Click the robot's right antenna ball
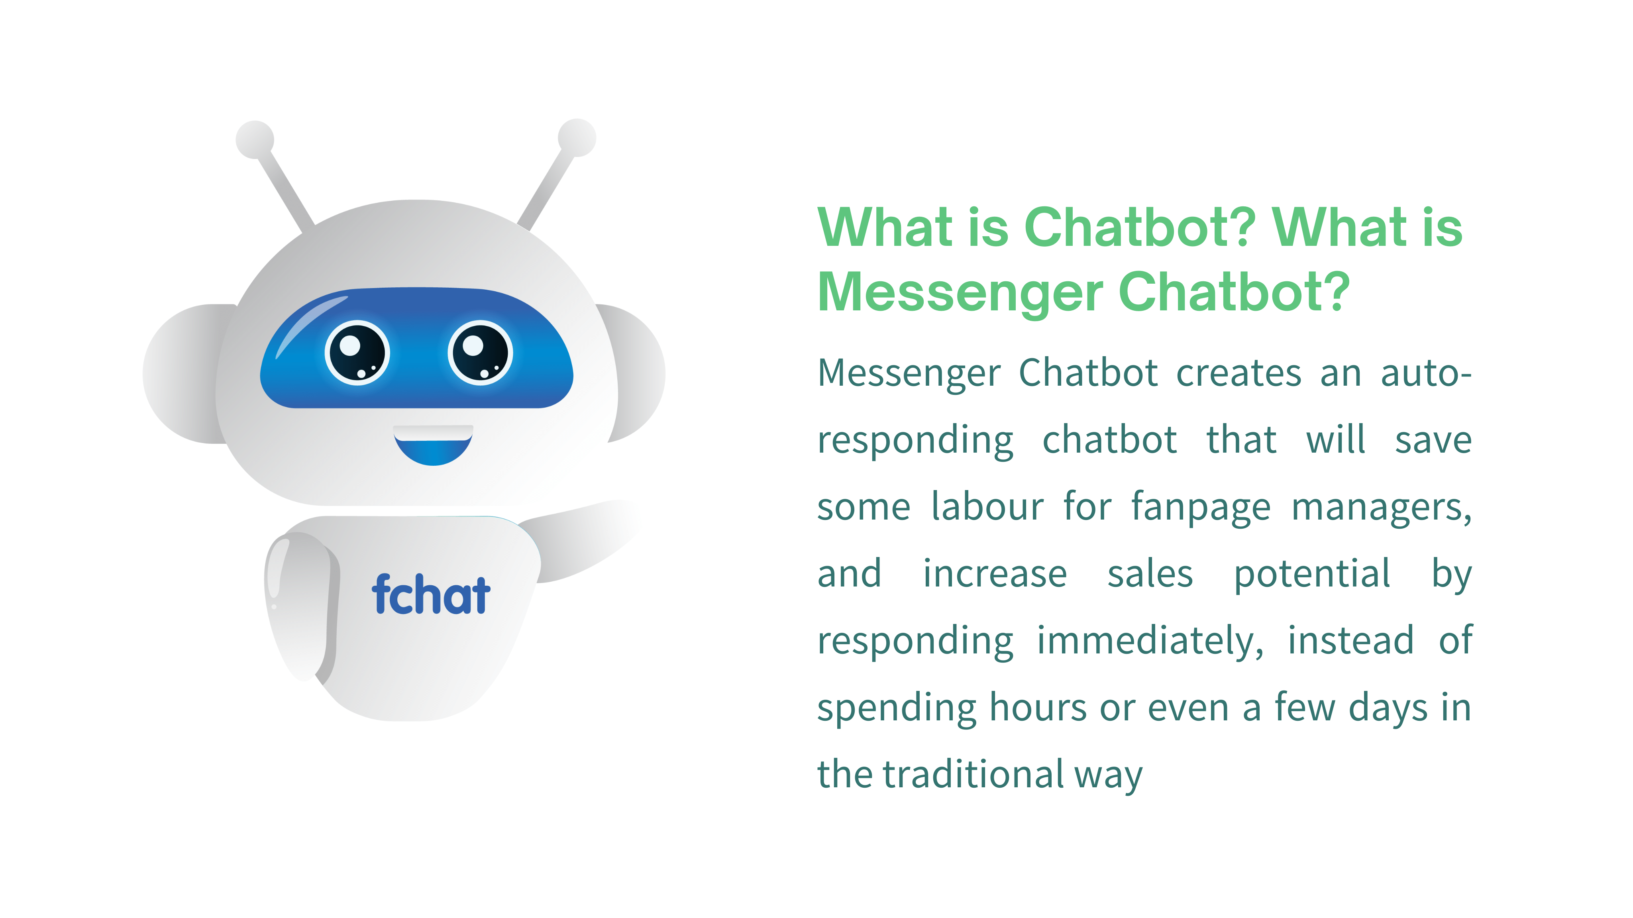pos(577,137)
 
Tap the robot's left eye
pos(357,353)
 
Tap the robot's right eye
pos(480,353)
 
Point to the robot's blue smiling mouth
pos(433,445)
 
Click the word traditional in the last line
pos(974,774)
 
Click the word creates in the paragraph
pos(1238,373)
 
